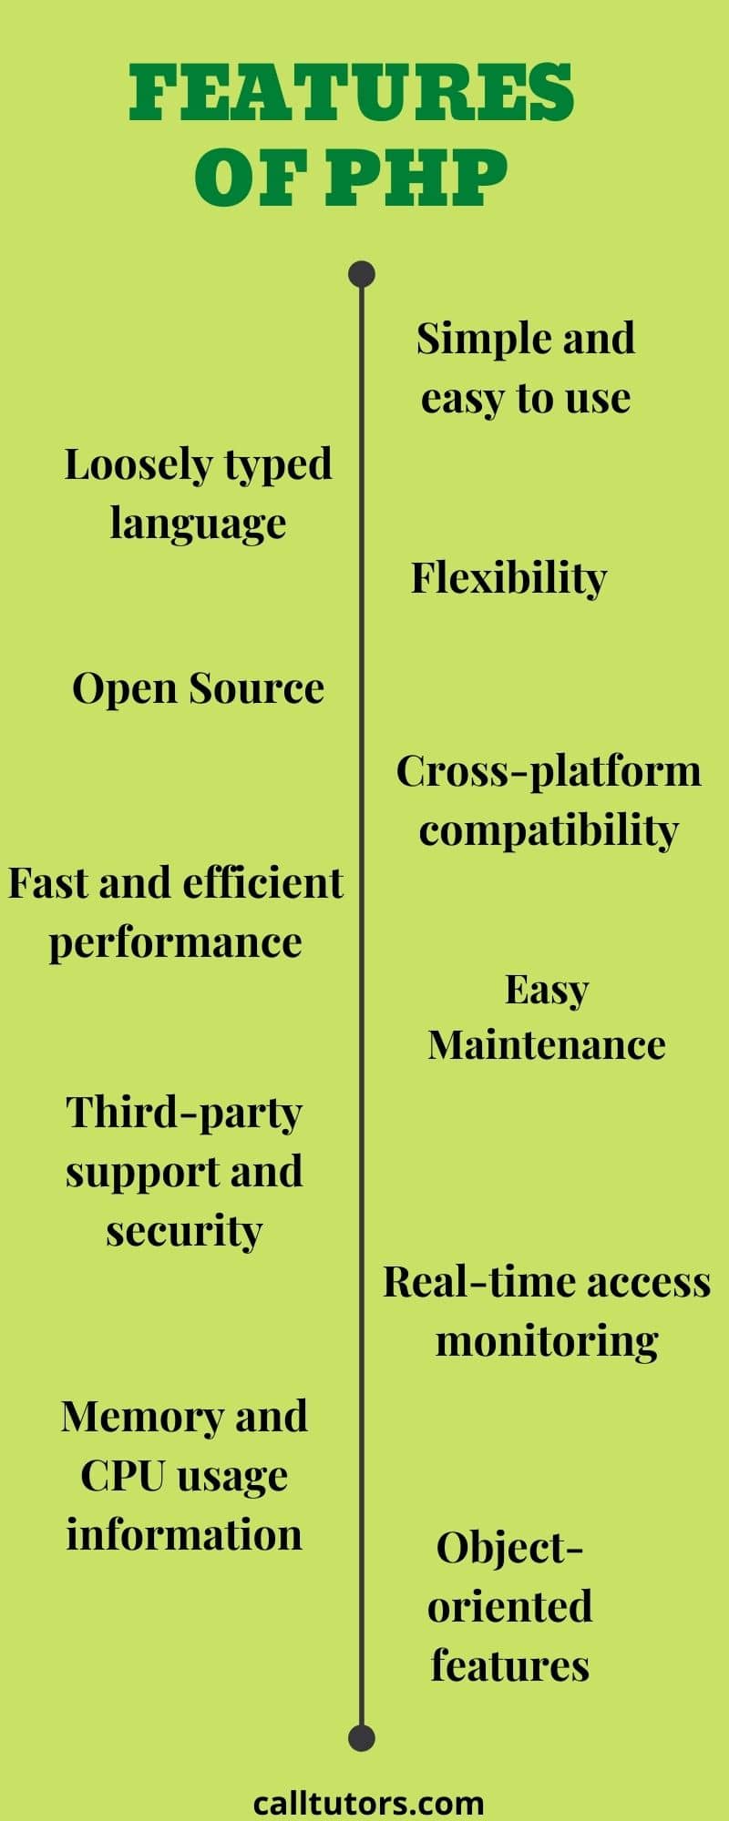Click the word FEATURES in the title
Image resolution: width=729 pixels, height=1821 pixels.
click(352, 93)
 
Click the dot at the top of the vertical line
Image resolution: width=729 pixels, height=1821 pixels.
click(362, 274)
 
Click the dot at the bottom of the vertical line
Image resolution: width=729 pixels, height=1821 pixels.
click(362, 1738)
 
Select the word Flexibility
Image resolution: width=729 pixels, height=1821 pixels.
click(508, 578)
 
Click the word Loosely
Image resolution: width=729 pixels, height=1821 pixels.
click(138, 465)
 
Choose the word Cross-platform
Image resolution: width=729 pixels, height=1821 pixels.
click(549, 772)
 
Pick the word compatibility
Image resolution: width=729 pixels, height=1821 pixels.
click(549, 830)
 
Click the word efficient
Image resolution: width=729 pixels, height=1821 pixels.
click(263, 883)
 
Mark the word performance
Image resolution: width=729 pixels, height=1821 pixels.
click(175, 942)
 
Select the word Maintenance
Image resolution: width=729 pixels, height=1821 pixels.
click(547, 1045)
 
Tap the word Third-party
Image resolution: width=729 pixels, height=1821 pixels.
click(184, 1114)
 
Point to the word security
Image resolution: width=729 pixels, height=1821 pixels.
click(184, 1231)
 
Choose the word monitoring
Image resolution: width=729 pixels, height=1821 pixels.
click(547, 1340)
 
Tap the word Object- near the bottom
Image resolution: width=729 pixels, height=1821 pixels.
click(509, 1548)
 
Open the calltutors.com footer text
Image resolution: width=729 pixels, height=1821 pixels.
click(368, 1802)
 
